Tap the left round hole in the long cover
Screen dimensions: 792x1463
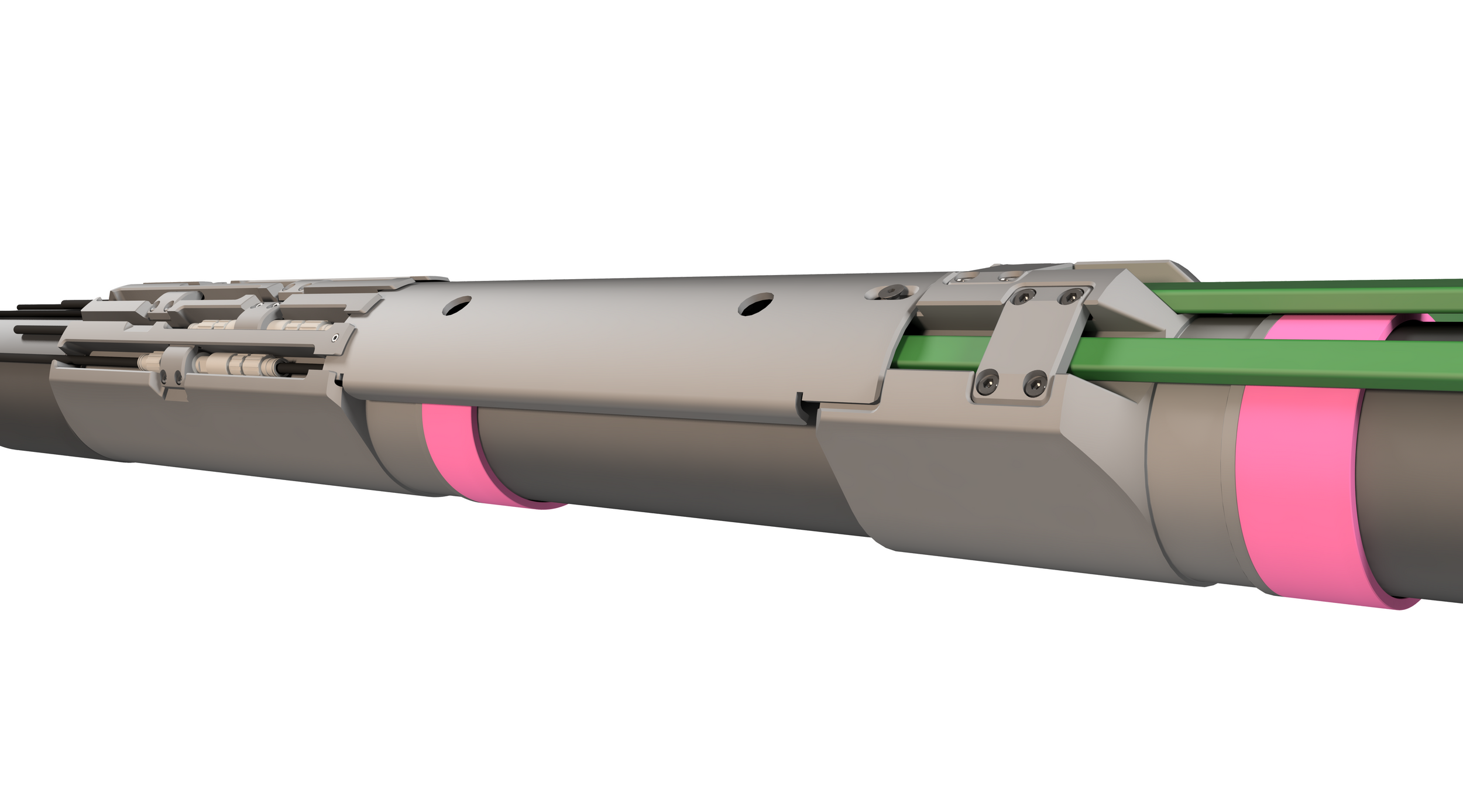click(456, 305)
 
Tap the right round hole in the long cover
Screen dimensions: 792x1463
click(755, 304)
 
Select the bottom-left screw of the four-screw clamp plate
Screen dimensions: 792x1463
click(988, 382)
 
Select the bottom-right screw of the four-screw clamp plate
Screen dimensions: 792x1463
click(1035, 383)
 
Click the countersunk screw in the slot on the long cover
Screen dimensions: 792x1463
click(891, 291)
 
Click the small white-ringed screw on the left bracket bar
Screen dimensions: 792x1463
click(335, 338)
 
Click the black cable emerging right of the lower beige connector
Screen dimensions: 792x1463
click(290, 368)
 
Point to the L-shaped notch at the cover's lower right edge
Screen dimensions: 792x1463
click(803, 404)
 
